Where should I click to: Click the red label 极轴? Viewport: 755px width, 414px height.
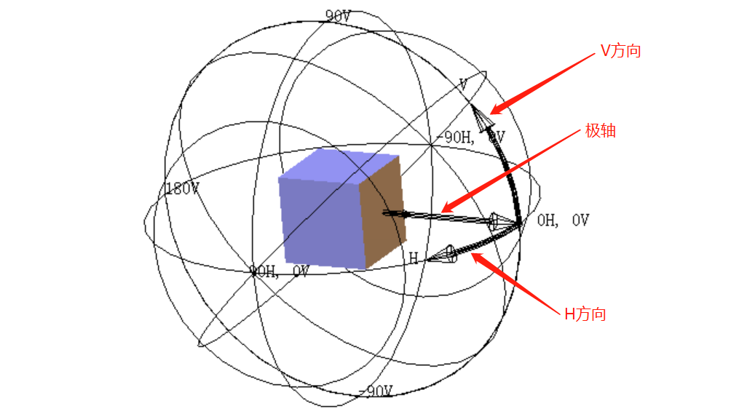click(601, 132)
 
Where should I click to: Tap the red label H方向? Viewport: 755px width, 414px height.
click(585, 314)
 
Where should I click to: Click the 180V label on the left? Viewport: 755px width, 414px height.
click(181, 189)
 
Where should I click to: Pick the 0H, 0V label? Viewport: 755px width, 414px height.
click(562, 220)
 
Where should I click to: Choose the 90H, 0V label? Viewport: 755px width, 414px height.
click(279, 271)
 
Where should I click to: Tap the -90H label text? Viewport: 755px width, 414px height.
click(454, 136)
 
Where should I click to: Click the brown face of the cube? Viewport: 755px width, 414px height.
click(384, 212)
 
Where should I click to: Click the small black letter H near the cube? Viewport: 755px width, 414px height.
click(413, 258)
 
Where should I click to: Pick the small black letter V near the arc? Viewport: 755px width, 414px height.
click(463, 84)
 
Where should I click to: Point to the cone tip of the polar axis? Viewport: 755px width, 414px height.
click(518, 223)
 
